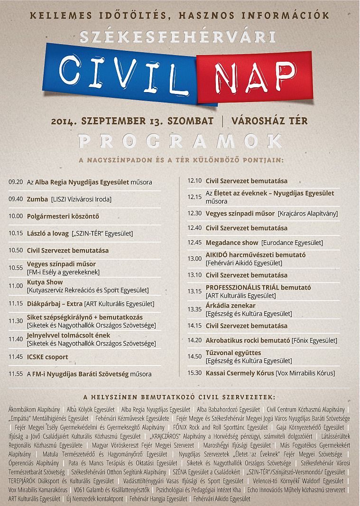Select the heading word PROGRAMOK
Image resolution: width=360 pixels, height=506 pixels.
point(180,141)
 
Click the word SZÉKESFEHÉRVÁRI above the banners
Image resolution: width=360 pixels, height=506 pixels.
point(177,37)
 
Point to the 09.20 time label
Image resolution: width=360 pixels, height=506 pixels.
point(16,182)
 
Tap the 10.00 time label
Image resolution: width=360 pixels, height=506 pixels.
point(16,216)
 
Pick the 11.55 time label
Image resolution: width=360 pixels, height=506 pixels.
point(16,374)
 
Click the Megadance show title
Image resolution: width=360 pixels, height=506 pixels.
point(232,242)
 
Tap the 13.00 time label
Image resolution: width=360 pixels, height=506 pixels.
point(194,259)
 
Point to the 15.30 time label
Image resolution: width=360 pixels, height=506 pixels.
point(194,373)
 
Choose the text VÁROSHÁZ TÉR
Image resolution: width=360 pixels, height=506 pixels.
point(269,121)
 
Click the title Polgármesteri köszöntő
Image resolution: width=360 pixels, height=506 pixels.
point(63,216)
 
